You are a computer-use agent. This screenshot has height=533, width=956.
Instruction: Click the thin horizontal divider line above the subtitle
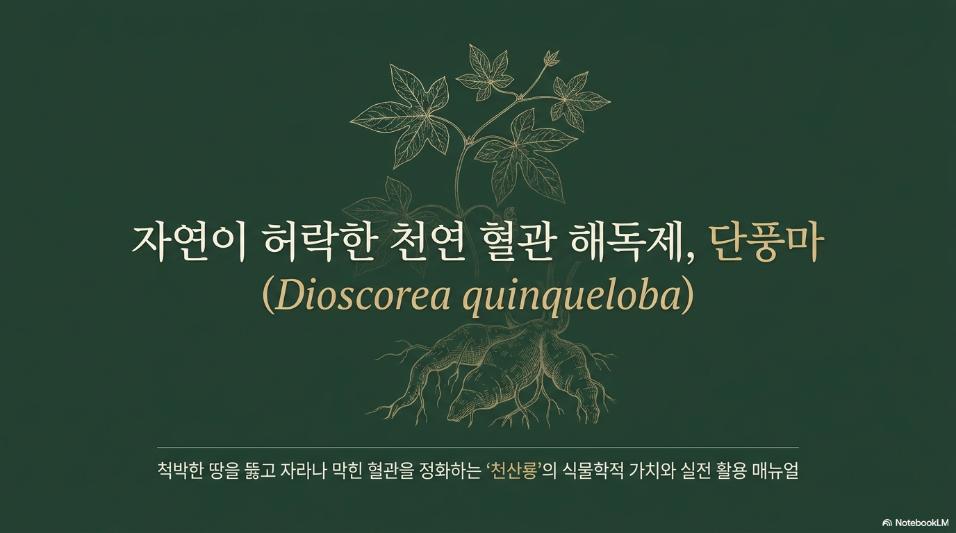coord(478,448)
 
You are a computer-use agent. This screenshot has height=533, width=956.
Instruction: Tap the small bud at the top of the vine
coord(552,58)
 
